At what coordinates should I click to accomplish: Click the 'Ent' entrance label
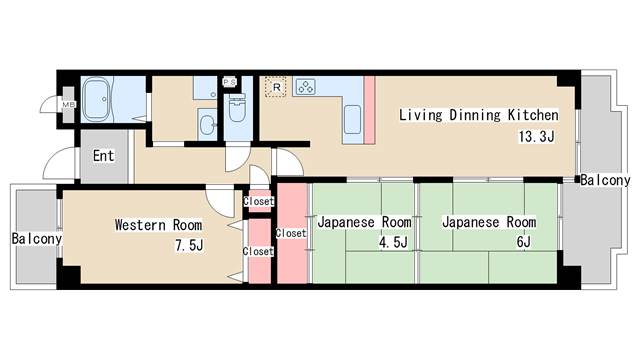click(x=103, y=156)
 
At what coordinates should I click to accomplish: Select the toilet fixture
click(x=237, y=108)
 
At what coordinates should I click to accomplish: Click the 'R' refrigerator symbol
click(x=276, y=87)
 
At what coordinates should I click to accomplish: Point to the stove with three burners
click(x=305, y=87)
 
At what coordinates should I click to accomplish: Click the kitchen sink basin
click(x=352, y=119)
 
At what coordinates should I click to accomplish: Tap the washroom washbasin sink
click(x=207, y=124)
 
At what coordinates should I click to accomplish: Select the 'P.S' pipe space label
click(x=229, y=82)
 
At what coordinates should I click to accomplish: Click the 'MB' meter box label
click(x=68, y=105)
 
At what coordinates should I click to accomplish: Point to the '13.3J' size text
click(x=536, y=136)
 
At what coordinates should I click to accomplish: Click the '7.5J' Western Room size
click(x=189, y=245)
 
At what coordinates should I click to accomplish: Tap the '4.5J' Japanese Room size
click(x=393, y=242)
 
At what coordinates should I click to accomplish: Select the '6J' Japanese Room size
click(x=524, y=242)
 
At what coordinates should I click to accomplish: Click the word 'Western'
click(x=140, y=225)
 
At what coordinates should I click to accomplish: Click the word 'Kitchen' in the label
click(x=533, y=115)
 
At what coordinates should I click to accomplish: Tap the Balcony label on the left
click(x=37, y=239)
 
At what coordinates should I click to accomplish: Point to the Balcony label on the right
click(x=605, y=180)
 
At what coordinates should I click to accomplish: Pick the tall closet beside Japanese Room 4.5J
click(x=292, y=233)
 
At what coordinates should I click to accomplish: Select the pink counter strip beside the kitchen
click(x=369, y=110)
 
